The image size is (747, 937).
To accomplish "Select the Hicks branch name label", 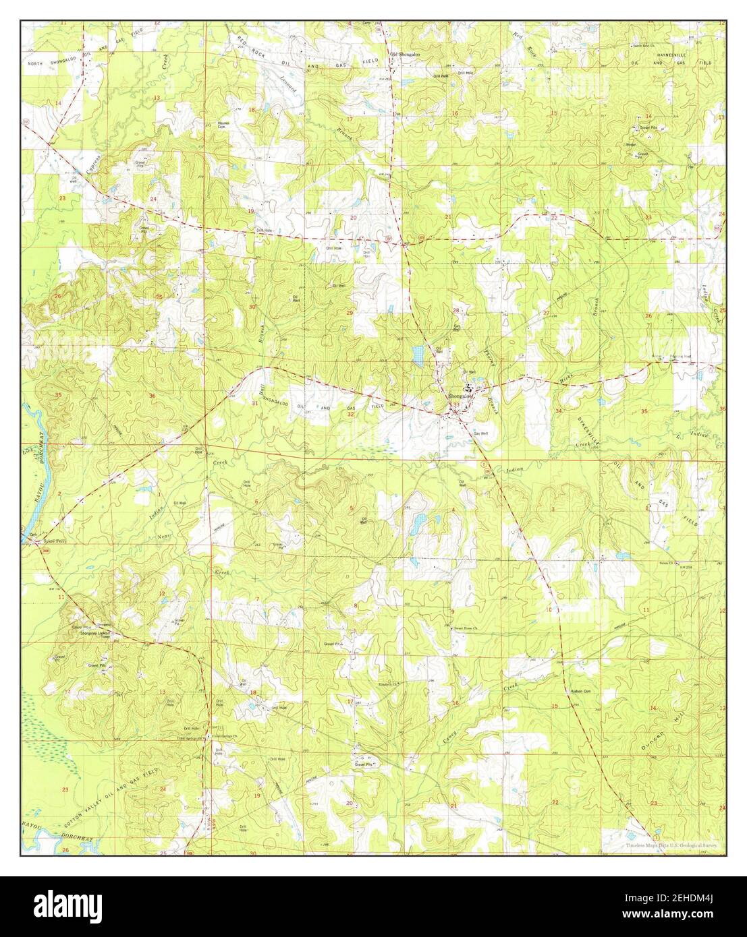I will [x=565, y=382].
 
